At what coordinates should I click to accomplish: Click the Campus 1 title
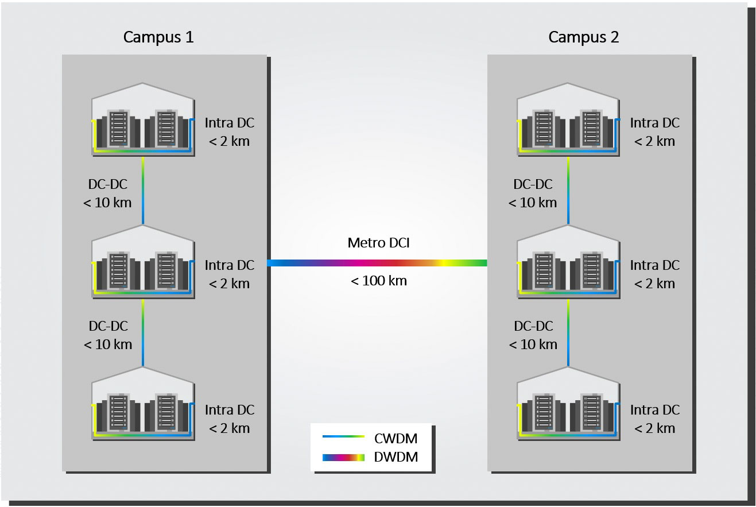[158, 37]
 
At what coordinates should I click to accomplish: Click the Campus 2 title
[584, 37]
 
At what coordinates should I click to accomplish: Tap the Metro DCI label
[378, 242]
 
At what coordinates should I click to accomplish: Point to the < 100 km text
[378, 281]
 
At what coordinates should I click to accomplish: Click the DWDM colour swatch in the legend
[344, 458]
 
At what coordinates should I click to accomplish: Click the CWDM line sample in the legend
[344, 437]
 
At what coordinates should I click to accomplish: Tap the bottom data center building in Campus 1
[143, 404]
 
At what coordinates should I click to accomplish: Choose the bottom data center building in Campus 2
[568, 404]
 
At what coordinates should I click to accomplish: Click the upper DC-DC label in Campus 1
[108, 184]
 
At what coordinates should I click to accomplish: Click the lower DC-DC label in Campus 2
[533, 326]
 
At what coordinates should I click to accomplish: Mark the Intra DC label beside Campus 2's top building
[654, 123]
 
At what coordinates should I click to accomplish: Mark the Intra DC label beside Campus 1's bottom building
[230, 410]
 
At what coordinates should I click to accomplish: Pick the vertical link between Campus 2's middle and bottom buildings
[568, 332]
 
